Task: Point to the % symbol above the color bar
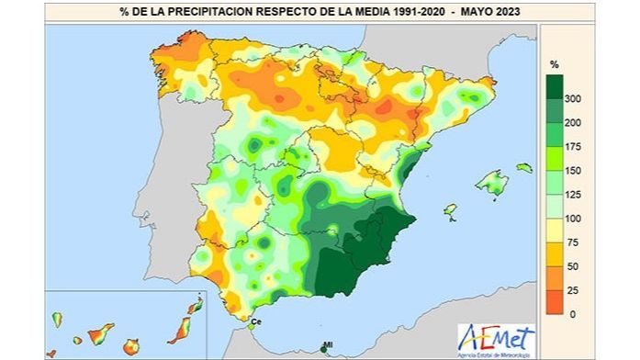554,64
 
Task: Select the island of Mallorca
492,184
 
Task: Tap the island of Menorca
523,168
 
